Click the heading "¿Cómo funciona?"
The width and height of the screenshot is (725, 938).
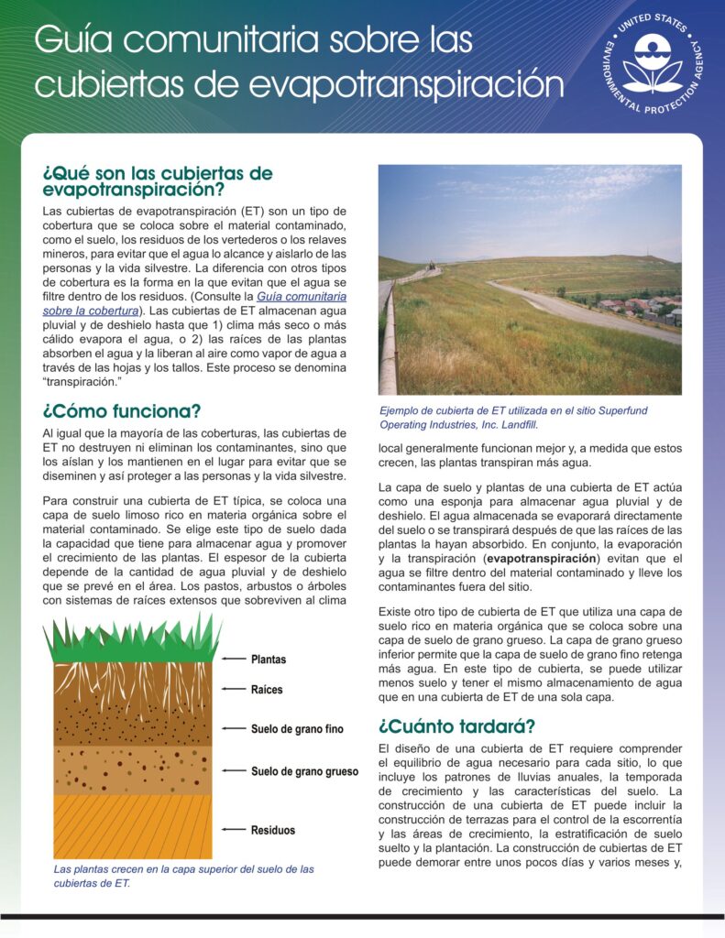[122, 411]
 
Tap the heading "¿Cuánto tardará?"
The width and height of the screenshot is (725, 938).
[456, 726]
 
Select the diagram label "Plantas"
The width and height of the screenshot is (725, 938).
[269, 660]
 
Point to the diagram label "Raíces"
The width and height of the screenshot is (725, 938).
[267, 690]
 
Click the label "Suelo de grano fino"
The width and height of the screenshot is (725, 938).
[297, 729]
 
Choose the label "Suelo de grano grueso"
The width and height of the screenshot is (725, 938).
[304, 771]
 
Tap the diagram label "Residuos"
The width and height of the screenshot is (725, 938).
[273, 830]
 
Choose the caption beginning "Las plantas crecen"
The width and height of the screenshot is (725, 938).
[183, 876]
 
